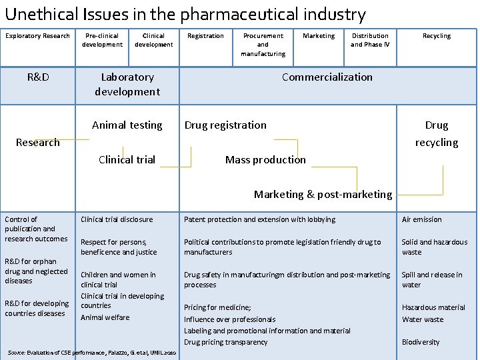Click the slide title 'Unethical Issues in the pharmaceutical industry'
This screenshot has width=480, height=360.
(x=185, y=14)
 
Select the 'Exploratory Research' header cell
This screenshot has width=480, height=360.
(x=37, y=36)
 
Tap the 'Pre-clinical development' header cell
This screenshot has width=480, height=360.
(x=102, y=40)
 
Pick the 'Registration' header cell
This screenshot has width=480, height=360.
(x=205, y=36)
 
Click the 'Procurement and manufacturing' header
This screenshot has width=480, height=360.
(x=263, y=45)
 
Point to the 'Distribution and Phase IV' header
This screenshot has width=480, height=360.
(x=370, y=40)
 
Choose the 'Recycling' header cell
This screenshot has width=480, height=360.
(x=437, y=36)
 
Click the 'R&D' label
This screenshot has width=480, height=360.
(x=38, y=77)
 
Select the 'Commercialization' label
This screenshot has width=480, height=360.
(x=327, y=77)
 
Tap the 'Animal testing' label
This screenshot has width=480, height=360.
(x=127, y=125)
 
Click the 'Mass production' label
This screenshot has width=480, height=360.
(x=265, y=159)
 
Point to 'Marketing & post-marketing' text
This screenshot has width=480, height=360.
(x=323, y=195)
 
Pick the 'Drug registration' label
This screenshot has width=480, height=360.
(x=225, y=125)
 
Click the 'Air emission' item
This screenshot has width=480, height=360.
(x=421, y=219)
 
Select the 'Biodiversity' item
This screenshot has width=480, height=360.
(x=421, y=342)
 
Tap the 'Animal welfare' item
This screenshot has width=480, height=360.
(x=105, y=317)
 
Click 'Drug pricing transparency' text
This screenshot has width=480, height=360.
(x=225, y=342)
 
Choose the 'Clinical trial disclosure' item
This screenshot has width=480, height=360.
(x=117, y=219)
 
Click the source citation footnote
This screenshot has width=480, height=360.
(x=91, y=352)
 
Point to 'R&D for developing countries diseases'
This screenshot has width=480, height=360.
(x=37, y=309)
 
